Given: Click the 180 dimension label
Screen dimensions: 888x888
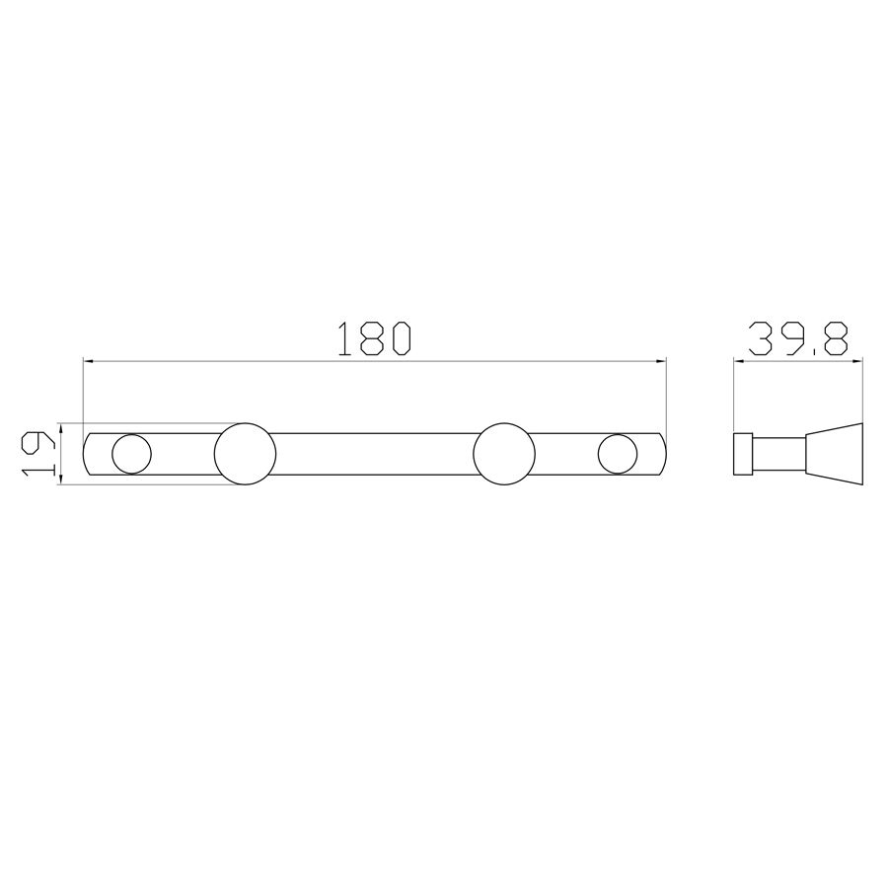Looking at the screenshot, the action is [374, 338].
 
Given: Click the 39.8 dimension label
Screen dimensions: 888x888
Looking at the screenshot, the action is [798, 338].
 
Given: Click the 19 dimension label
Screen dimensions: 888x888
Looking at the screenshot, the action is [38, 453].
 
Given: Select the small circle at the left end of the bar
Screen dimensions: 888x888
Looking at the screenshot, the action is [132, 454].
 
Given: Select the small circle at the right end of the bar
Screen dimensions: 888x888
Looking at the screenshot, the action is [618, 454].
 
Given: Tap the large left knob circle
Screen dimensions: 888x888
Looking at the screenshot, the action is [246, 454].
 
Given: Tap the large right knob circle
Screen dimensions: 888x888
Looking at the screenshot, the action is [504, 454].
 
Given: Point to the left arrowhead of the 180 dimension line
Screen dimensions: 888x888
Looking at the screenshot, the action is [89, 360].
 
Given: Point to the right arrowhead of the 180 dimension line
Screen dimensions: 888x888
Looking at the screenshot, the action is [660, 360].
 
